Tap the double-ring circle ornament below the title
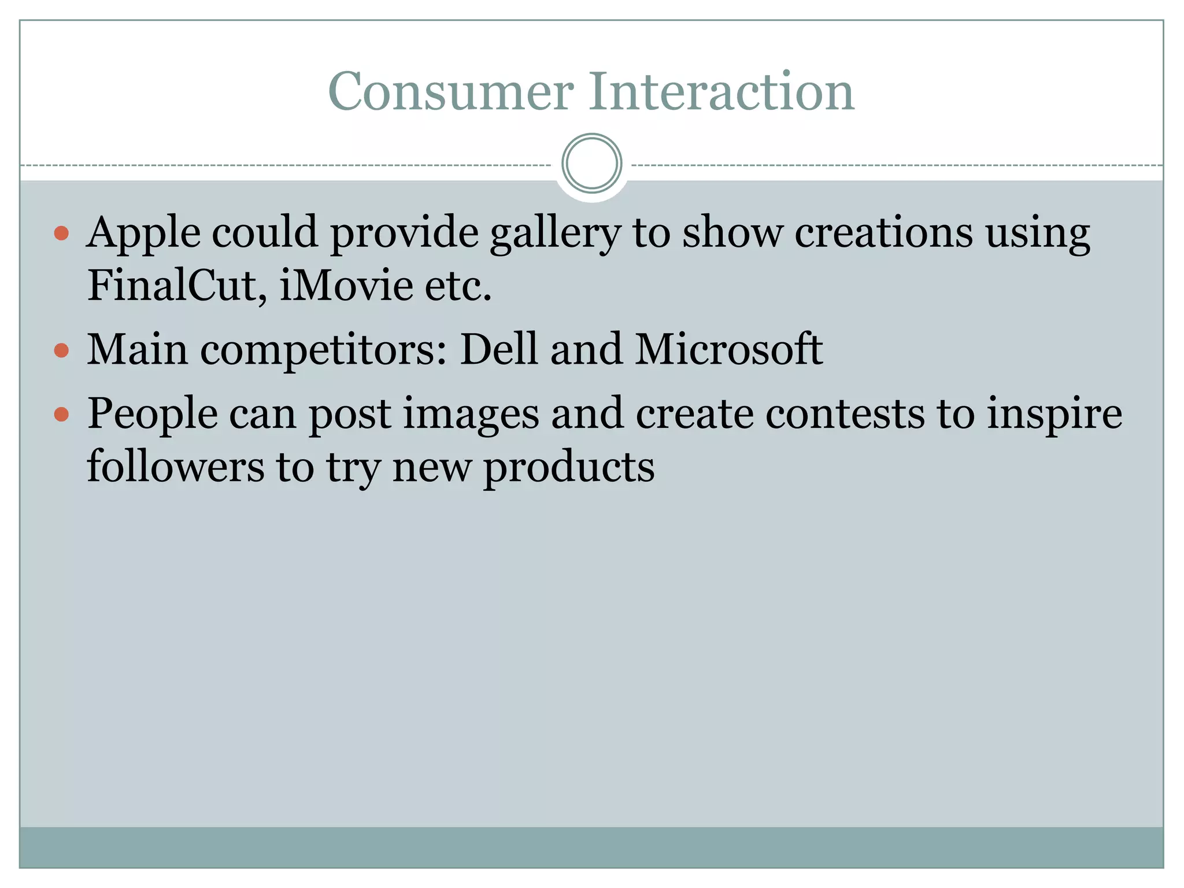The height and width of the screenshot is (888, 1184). [x=591, y=164]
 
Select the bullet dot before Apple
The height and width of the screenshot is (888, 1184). [x=61, y=234]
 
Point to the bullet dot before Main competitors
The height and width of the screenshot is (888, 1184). [x=61, y=350]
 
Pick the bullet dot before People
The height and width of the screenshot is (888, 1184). [x=61, y=414]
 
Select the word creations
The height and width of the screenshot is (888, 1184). [x=883, y=232]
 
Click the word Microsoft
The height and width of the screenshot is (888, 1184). [x=728, y=349]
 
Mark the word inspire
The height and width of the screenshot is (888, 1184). [x=1054, y=414]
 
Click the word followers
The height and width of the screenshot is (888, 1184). [x=175, y=466]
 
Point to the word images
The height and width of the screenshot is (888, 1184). [x=471, y=414]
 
